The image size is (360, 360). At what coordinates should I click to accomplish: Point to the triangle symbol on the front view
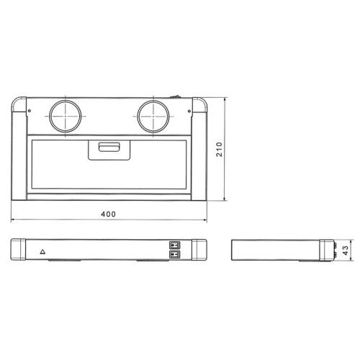(42, 253)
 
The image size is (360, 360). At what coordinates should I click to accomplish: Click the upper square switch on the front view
(173, 244)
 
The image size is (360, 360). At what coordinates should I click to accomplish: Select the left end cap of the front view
(20, 249)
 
